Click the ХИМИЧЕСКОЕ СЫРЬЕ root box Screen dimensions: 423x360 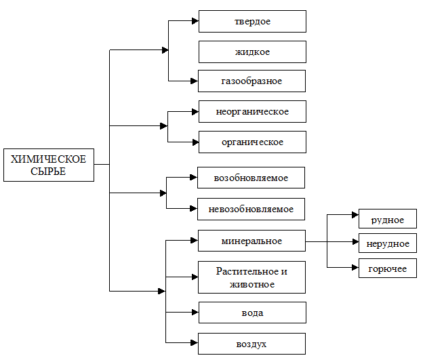49,165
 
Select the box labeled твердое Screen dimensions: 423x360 252,21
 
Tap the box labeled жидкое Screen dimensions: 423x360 252,52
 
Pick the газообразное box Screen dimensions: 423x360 251,81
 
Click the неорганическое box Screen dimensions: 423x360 252,111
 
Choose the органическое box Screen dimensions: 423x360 252,142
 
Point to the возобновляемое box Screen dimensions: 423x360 251,178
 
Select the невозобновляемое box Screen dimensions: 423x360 251,209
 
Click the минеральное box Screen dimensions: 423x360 251,241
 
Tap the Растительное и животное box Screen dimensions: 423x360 251,277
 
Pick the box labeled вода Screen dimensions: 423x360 252,313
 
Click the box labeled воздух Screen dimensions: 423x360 251,344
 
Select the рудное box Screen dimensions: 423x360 388,218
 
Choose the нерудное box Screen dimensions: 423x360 388,243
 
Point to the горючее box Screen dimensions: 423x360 388,268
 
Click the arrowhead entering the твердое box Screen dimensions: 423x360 195,21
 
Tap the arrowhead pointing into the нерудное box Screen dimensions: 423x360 355,241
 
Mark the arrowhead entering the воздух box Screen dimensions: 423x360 195,343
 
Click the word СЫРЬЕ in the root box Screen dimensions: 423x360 48,172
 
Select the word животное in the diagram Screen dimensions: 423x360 252,285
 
